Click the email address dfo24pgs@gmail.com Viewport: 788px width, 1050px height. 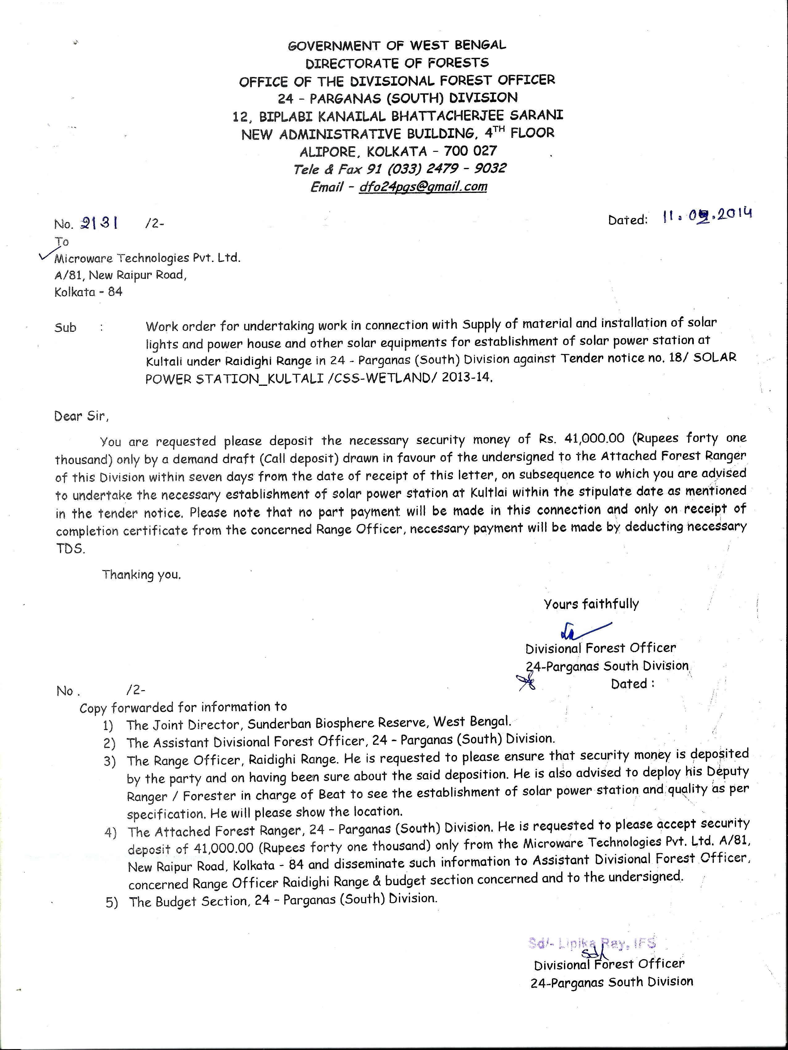pos(423,186)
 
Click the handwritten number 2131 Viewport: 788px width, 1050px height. pos(100,223)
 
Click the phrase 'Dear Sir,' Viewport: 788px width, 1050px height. pos(81,416)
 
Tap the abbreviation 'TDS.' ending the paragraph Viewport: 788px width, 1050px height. pos(70,549)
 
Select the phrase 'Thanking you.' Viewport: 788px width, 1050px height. pos(141,575)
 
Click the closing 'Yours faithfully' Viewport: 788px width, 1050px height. pos(591,604)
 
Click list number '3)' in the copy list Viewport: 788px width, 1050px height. pos(110,762)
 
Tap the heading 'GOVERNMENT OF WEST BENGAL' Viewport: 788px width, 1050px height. pos(396,45)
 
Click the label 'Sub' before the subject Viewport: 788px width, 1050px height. pos(65,327)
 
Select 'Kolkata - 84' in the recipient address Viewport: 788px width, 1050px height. pos(88,292)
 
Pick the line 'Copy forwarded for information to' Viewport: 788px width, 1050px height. pos(183,707)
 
